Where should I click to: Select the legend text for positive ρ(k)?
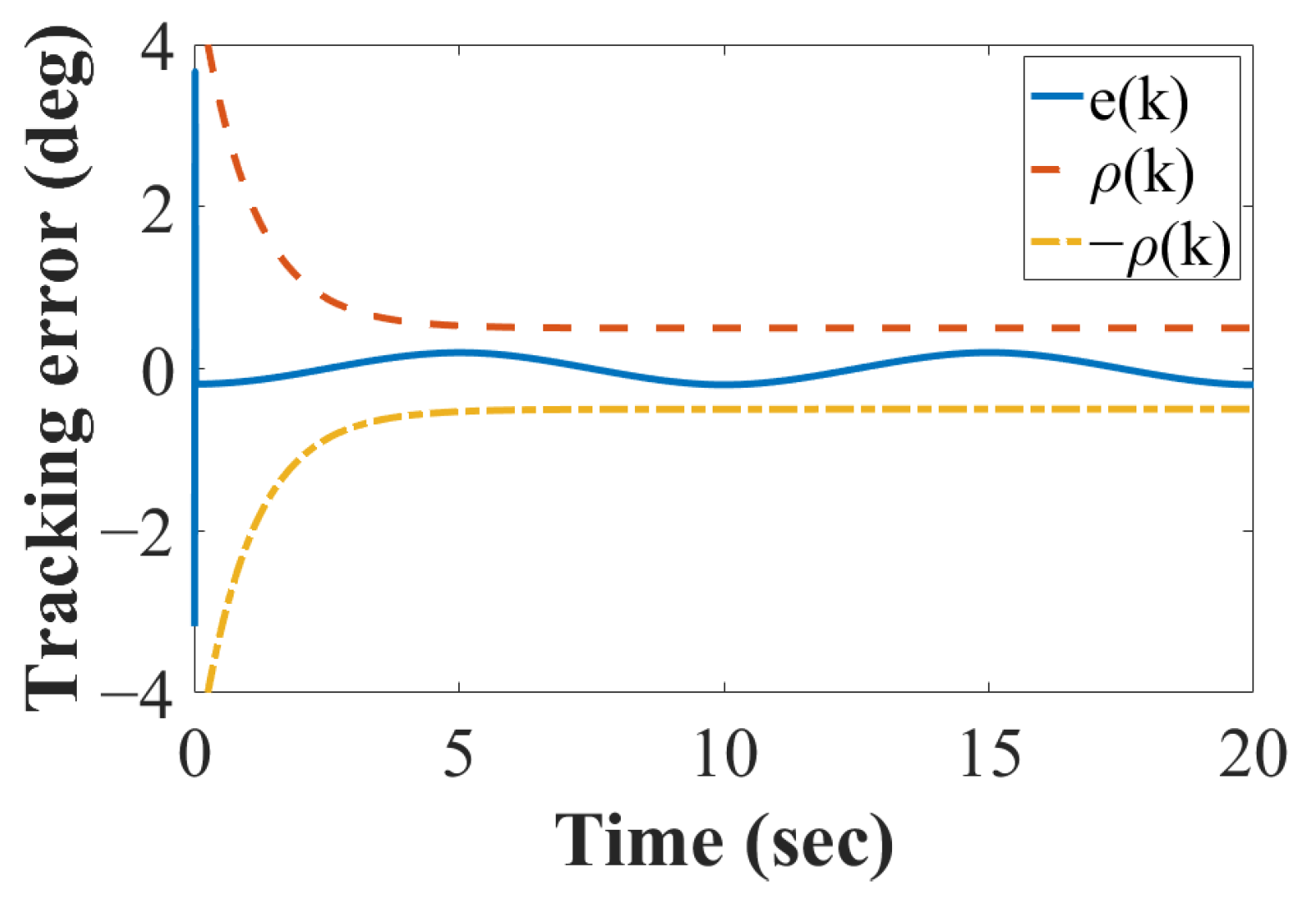coord(1141,175)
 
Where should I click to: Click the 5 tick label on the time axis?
coord(458,756)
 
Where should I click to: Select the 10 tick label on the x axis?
coord(724,756)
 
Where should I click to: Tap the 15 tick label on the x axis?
coord(989,756)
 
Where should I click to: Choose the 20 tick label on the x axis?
coord(1251,756)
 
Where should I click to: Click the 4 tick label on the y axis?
coord(158,50)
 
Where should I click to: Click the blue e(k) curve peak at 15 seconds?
coord(989,353)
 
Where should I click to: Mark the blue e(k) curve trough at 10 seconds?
coord(724,384)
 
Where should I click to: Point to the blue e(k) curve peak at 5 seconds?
coord(458,353)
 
